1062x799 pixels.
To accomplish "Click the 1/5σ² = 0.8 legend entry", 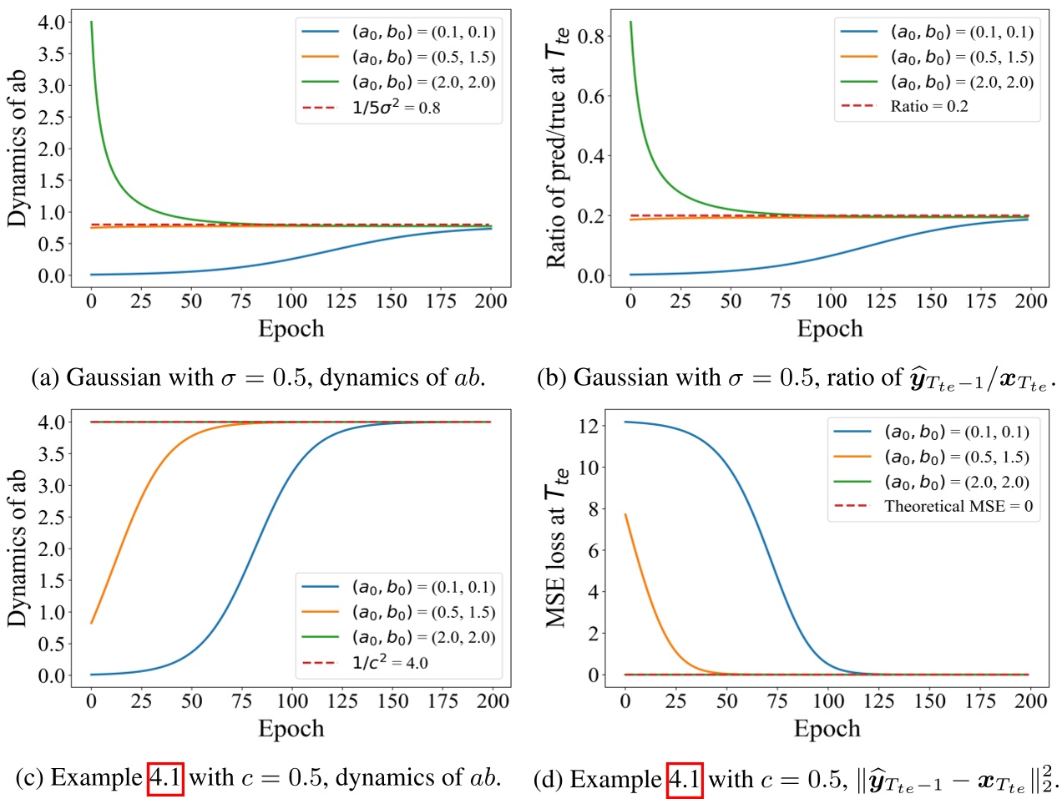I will (396, 108).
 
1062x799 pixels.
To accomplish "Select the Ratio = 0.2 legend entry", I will (928, 106).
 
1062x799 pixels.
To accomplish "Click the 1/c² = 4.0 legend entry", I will (390, 663).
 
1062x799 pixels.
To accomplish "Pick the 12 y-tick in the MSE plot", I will (588, 426).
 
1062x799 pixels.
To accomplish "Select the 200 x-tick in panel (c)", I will (492, 700).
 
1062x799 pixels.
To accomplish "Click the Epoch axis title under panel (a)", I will (291, 329).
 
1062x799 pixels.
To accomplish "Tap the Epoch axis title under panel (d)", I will (827, 729).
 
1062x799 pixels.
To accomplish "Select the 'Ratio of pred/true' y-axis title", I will (557, 147).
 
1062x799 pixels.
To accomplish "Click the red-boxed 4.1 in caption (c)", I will (165, 778).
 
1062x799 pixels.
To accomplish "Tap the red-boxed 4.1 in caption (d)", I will (685, 780).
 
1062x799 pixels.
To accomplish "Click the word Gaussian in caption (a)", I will (114, 378).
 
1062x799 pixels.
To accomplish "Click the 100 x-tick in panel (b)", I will (831, 301).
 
